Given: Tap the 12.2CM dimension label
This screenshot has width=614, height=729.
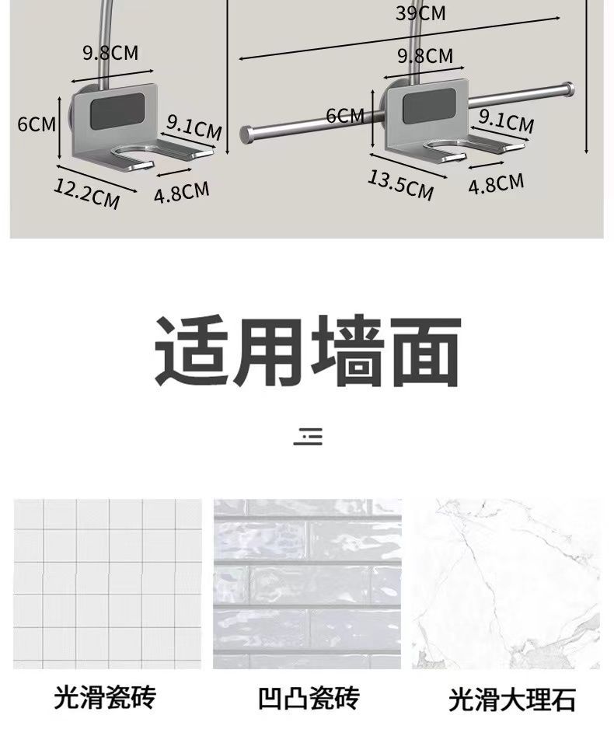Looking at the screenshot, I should pyautogui.click(x=86, y=192).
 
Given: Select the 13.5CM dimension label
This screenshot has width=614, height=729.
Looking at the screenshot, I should pyautogui.click(x=400, y=185).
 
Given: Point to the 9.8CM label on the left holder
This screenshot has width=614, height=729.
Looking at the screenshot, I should pyautogui.click(x=110, y=53).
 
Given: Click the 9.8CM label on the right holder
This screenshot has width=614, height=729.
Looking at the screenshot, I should pyautogui.click(x=424, y=56).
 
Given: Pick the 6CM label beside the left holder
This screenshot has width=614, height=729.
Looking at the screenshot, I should pyautogui.click(x=36, y=124).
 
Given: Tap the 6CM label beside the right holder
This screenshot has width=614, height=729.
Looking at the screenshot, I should pyautogui.click(x=345, y=116).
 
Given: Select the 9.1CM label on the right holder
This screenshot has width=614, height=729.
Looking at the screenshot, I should pyautogui.click(x=506, y=120).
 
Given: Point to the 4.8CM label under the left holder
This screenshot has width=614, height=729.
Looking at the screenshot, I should pyautogui.click(x=181, y=192).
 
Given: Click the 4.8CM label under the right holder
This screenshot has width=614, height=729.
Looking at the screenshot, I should pyautogui.click(x=496, y=184).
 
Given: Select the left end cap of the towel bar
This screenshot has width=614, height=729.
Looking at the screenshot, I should pyautogui.click(x=246, y=134).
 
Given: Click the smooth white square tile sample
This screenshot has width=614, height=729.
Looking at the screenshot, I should pyautogui.click(x=106, y=584).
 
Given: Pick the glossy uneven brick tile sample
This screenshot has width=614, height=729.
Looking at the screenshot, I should pyautogui.click(x=307, y=584).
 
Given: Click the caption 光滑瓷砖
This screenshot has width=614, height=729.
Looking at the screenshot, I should pyautogui.click(x=105, y=696).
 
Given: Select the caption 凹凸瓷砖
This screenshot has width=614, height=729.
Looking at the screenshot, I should pyautogui.click(x=309, y=698).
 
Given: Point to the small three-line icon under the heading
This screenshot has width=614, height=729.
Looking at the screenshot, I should pyautogui.click(x=308, y=436).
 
